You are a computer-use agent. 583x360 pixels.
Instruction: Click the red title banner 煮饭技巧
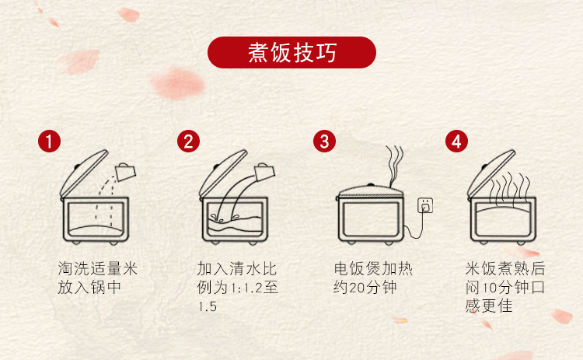(291, 52)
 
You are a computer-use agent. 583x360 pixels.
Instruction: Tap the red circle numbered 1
(49, 141)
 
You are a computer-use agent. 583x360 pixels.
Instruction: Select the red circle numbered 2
(188, 141)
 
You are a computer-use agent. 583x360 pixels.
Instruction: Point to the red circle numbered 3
(324, 141)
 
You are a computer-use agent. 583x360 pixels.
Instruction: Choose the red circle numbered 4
(456, 141)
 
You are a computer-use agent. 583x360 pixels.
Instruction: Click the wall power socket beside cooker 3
(425, 205)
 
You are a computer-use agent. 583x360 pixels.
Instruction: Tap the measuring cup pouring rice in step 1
(126, 172)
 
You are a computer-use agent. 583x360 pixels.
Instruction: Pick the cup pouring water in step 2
(264, 172)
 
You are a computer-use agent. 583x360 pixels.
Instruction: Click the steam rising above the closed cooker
(395, 166)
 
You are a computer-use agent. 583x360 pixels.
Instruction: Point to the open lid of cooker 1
(84, 173)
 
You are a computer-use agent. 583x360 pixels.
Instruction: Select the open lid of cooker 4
(491, 173)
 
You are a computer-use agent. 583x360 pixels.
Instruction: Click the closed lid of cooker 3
(371, 191)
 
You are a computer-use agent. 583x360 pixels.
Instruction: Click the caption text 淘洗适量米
(98, 268)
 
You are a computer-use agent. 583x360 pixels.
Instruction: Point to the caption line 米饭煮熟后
(505, 268)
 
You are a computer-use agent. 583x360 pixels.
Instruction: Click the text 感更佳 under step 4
(489, 306)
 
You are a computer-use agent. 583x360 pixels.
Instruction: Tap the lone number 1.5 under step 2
(207, 307)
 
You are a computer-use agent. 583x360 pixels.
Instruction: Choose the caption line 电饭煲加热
(373, 268)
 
